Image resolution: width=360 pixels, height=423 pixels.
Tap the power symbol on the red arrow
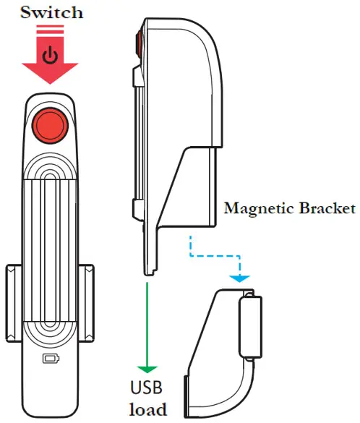(50, 56)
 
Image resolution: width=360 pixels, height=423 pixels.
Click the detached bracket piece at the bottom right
(217, 354)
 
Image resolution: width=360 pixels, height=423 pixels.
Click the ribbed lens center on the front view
(51, 239)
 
